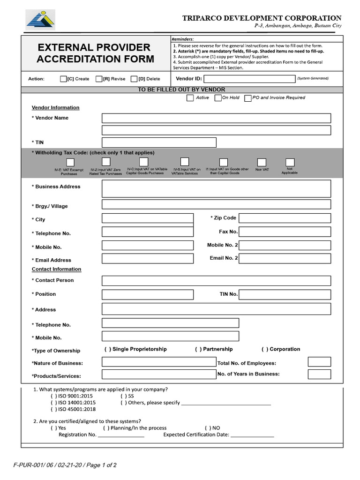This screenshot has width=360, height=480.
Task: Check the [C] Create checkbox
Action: click(x=63, y=79)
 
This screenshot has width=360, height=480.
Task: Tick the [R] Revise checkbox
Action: click(x=99, y=79)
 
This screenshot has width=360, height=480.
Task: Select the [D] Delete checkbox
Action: click(x=134, y=79)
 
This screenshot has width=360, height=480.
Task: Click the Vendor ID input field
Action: click(x=249, y=79)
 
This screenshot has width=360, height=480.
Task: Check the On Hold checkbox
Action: click(x=218, y=98)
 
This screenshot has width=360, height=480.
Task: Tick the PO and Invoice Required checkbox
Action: click(x=248, y=98)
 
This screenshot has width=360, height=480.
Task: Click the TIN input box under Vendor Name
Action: click(x=159, y=142)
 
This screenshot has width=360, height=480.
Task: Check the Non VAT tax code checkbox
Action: click(x=262, y=162)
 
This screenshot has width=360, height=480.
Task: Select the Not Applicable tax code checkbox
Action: click(x=290, y=162)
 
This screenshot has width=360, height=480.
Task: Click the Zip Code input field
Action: click(x=285, y=218)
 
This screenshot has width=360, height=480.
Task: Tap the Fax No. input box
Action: click(x=285, y=232)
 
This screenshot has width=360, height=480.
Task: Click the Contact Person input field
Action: click(x=216, y=281)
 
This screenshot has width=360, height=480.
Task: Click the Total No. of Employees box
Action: click(x=319, y=362)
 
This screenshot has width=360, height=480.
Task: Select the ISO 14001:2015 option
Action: click(x=52, y=402)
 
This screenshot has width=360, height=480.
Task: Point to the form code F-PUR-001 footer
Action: click(x=65, y=465)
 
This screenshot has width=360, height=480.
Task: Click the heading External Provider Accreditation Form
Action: click(x=95, y=53)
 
